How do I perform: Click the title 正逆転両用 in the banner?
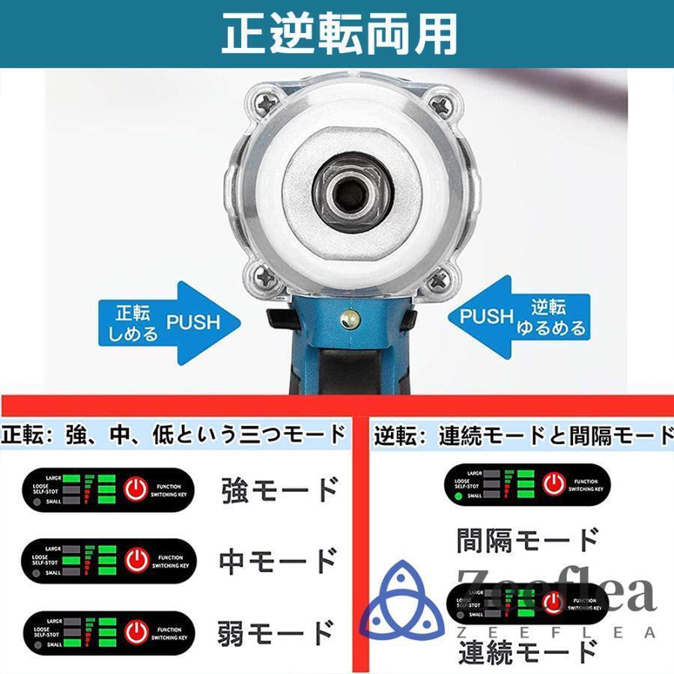pos(338,34)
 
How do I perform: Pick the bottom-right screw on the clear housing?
pos(439,280)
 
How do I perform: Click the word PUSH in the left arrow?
pos(193,323)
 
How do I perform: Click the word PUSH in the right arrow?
pos(485,316)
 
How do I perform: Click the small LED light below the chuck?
pos(349,320)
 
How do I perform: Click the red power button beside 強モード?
pos(136,490)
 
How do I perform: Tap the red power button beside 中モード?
pos(136,560)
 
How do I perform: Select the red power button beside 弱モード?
pos(136,631)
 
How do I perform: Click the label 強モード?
pos(280,490)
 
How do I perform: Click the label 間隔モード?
pos(527,539)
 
